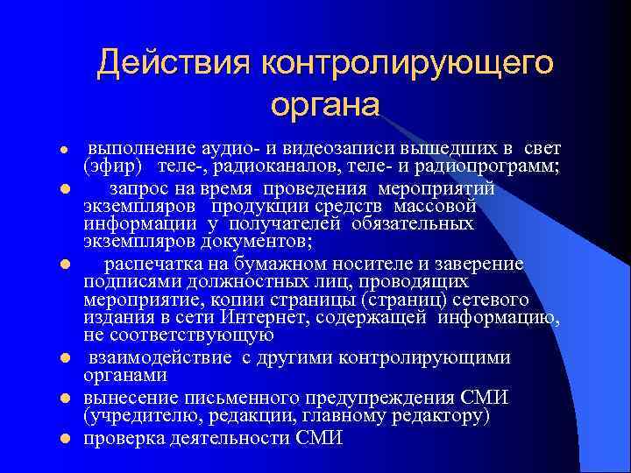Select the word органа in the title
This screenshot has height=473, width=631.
tap(325, 104)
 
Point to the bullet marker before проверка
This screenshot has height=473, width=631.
tap(64, 438)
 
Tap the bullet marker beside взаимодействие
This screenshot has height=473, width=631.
tap(64, 358)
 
